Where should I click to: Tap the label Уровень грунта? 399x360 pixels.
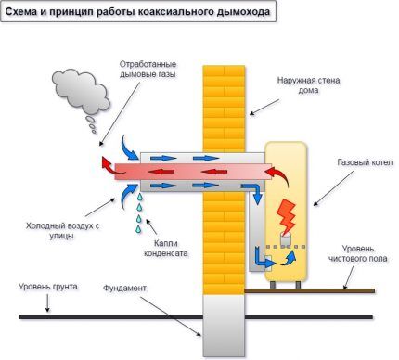[x=45, y=290]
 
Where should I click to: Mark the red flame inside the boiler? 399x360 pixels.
[x=286, y=213]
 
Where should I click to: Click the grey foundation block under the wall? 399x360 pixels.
[x=222, y=324]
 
